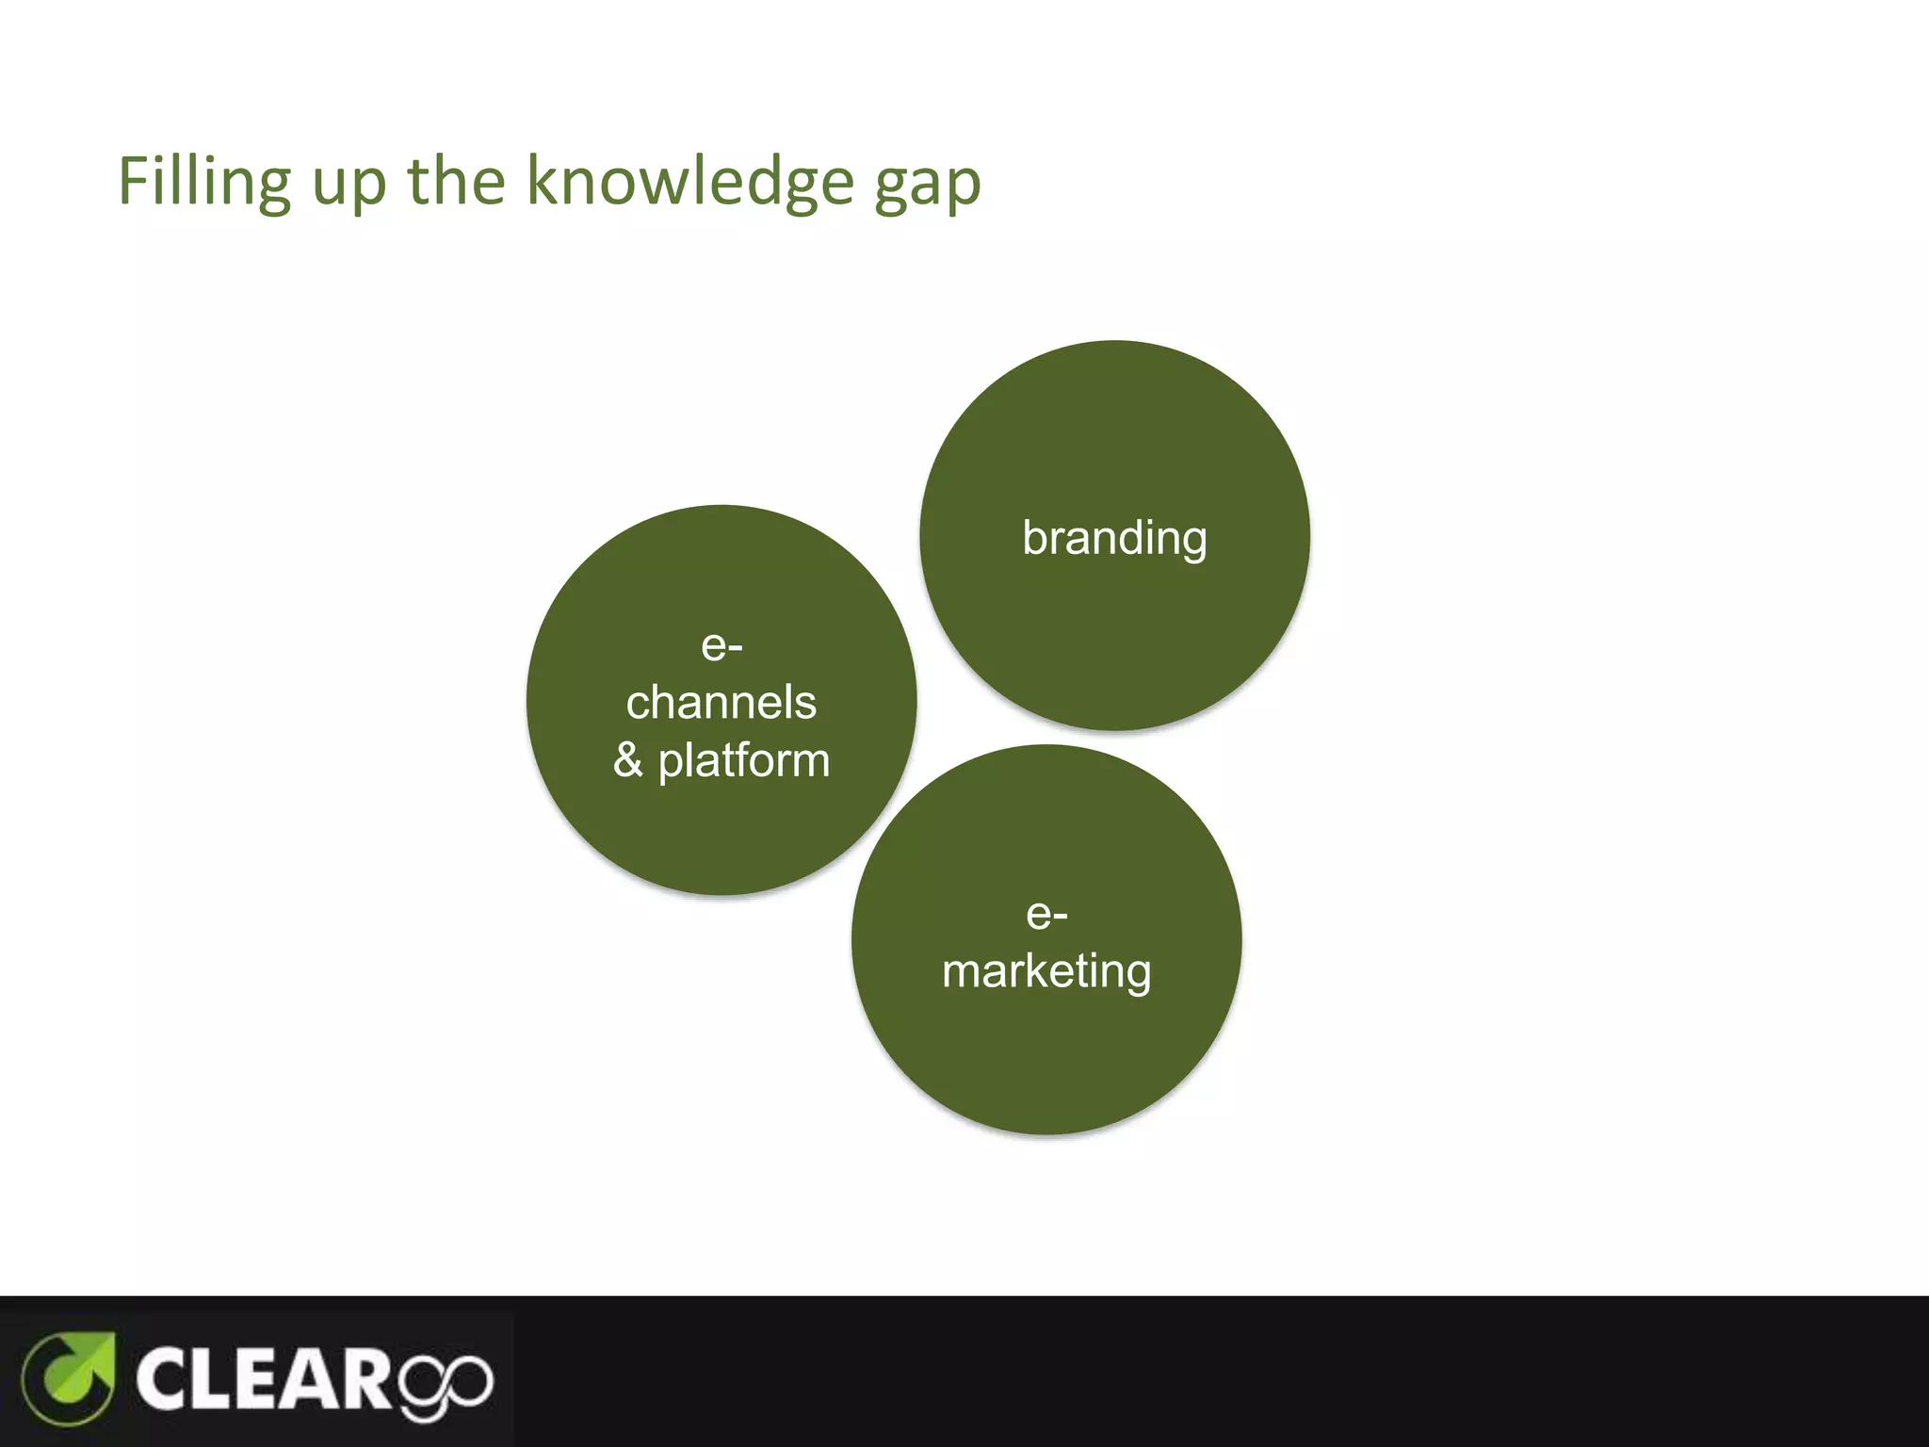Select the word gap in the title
(928, 185)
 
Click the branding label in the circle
(1114, 538)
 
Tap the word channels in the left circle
(721, 703)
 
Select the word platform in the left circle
(744, 760)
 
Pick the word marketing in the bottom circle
(1046, 971)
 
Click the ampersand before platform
(628, 760)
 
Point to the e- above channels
(721, 646)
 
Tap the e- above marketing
(1046, 914)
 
